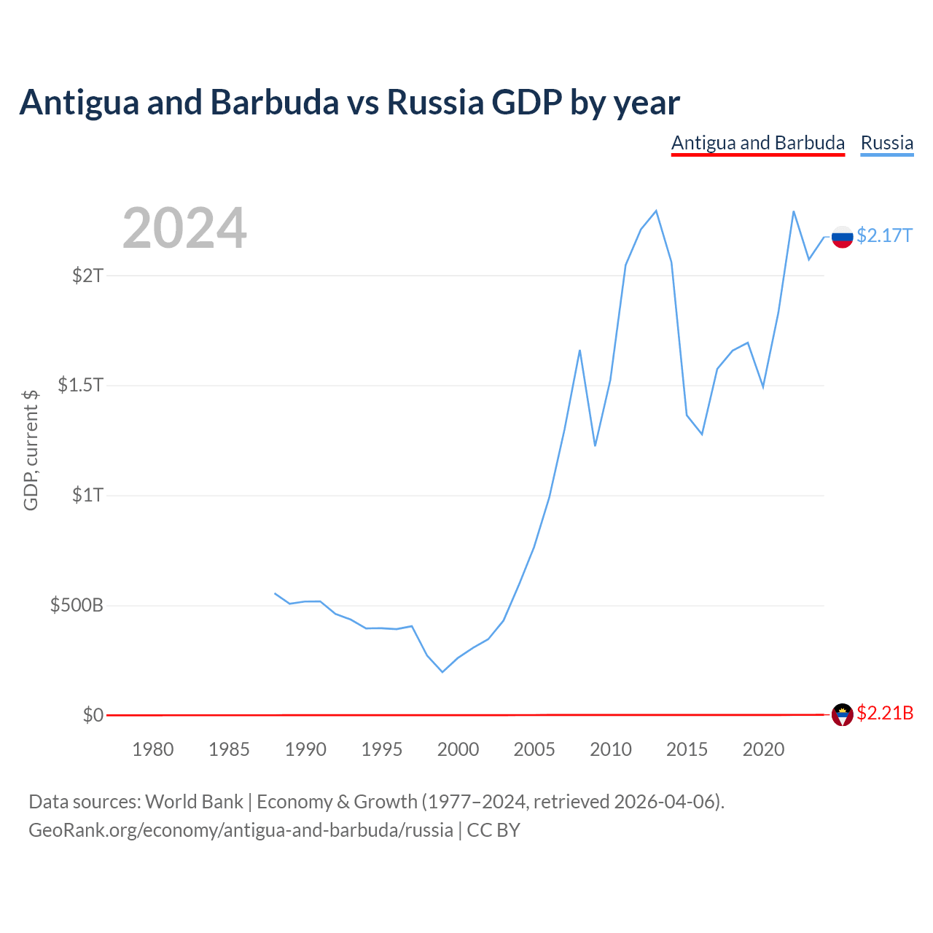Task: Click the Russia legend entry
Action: [x=886, y=144]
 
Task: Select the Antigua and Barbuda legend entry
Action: [x=758, y=144]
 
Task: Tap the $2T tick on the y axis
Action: [x=87, y=276]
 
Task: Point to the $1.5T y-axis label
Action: [x=80, y=385]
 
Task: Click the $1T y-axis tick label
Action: [x=87, y=495]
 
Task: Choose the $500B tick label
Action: [x=77, y=605]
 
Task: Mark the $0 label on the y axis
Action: [x=93, y=714]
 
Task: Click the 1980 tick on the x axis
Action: [x=153, y=749]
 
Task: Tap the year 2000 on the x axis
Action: [x=458, y=749]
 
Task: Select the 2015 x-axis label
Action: [x=687, y=749]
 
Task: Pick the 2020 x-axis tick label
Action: [x=763, y=749]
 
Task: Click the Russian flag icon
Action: [x=842, y=237]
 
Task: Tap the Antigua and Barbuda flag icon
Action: [x=842, y=714]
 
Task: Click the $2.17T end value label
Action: [x=885, y=235]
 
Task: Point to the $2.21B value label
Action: [x=885, y=713]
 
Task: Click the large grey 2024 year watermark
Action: [x=184, y=227]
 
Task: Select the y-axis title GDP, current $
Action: [x=31, y=450]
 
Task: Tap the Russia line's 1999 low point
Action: [x=442, y=671]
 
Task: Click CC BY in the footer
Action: [x=493, y=830]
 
